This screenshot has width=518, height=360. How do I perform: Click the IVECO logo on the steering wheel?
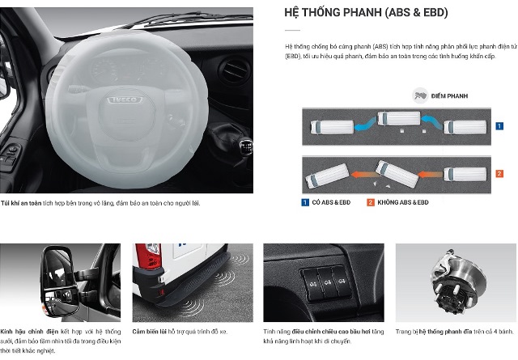(x=125, y=100)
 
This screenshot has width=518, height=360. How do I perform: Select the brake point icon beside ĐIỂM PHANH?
(x=420, y=95)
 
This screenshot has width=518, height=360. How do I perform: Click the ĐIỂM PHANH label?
(x=450, y=96)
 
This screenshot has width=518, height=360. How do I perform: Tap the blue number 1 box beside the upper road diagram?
(x=499, y=126)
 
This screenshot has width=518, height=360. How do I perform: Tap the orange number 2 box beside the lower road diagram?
(x=499, y=174)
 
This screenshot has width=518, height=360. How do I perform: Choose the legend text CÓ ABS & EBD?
(x=331, y=202)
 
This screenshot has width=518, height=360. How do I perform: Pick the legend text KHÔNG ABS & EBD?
(x=403, y=202)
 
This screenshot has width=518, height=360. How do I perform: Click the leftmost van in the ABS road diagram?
(x=332, y=128)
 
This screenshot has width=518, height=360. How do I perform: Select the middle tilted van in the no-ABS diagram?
(x=397, y=174)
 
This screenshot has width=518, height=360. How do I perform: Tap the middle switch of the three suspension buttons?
(x=326, y=283)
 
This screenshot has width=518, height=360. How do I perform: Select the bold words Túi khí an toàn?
(x=21, y=203)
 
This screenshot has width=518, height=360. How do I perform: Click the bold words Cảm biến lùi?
(x=149, y=332)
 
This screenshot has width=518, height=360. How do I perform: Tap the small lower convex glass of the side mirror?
(x=61, y=301)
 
